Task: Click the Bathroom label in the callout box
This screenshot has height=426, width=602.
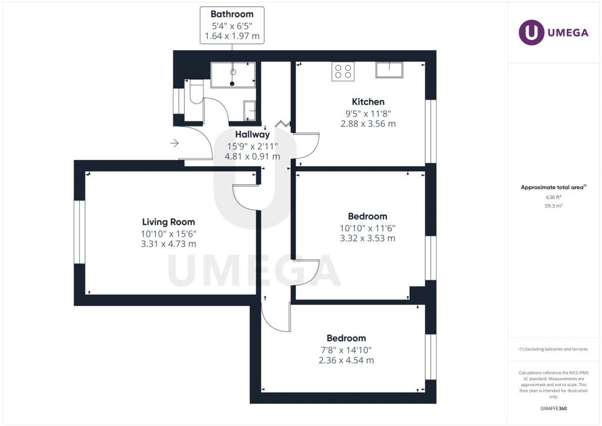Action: coord(232,14)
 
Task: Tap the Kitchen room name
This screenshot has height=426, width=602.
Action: coord(368,102)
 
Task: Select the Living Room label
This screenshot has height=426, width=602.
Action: coord(169,222)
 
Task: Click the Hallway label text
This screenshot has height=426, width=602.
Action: coord(252,134)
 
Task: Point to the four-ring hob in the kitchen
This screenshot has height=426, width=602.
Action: coord(343,71)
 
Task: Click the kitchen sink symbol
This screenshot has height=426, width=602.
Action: coord(389,70)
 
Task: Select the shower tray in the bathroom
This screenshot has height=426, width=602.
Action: coord(233,75)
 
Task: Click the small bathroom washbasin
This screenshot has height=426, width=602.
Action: coord(249,111)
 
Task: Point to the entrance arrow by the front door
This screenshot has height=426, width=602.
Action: coord(175,144)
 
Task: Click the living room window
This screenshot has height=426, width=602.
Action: coord(79,232)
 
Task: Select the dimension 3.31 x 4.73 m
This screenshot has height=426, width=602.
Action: coord(169,244)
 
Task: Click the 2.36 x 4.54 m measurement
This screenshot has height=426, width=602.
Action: coord(346,360)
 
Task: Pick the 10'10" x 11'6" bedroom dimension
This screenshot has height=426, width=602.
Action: coord(367,228)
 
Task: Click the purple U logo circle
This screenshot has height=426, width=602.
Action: coord(531,32)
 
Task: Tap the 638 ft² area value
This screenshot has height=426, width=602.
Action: coord(553,197)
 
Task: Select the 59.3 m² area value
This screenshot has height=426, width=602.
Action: coord(553,206)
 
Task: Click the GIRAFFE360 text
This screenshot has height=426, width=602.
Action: coord(553,408)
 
